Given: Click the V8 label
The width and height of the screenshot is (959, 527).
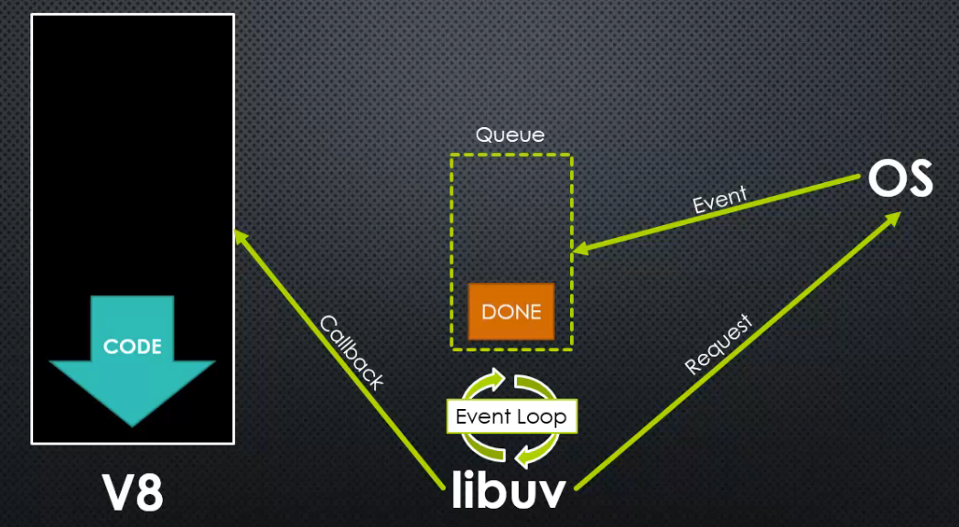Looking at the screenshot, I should pyautogui.click(x=133, y=492).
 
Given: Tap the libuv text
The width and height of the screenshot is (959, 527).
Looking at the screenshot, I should pyautogui.click(x=509, y=490).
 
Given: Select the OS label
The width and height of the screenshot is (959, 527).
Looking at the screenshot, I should pyautogui.click(x=900, y=178).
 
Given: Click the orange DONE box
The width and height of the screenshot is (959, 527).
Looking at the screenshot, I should pyautogui.click(x=512, y=312).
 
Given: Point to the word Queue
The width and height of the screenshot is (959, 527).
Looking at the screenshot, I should pyautogui.click(x=510, y=135).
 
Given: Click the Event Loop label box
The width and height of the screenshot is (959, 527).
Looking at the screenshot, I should pyautogui.click(x=512, y=417).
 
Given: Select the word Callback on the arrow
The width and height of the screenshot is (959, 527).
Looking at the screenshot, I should pyautogui.click(x=350, y=352).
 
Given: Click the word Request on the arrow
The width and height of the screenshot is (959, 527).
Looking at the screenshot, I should pyautogui.click(x=718, y=344).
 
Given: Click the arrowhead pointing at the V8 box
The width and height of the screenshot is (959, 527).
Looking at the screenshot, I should pyautogui.click(x=242, y=238).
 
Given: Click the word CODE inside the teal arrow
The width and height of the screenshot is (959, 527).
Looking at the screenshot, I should pyautogui.click(x=133, y=347).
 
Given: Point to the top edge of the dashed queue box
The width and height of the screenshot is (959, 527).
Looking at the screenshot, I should pyautogui.click(x=512, y=155).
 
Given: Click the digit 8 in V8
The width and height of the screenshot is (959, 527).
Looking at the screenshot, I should pyautogui.click(x=149, y=492).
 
